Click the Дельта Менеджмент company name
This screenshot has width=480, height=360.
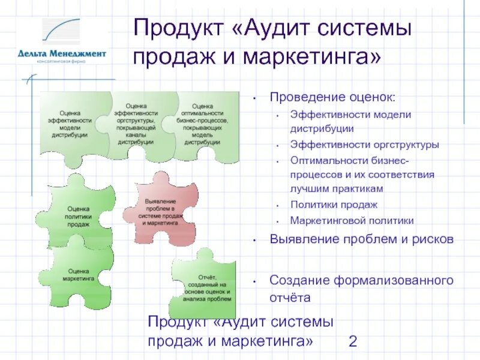(62, 53)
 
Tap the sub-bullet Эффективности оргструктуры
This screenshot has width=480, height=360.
(364, 145)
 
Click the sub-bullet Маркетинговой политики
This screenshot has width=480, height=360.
(352, 220)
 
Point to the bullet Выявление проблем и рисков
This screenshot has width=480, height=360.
(361, 239)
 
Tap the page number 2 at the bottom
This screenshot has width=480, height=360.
(353, 342)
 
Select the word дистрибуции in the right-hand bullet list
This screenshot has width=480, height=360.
(322, 128)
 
